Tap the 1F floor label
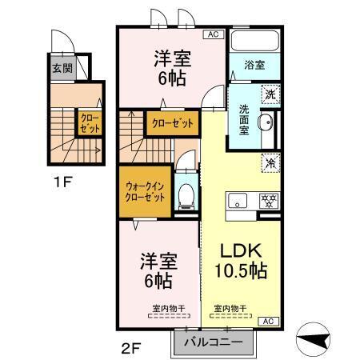tap(63, 182)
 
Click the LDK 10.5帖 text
tap(240, 262)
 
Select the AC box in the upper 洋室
tap(214, 34)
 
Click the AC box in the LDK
tap(269, 320)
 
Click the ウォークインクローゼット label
tap(145, 192)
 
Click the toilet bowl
tap(186, 194)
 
